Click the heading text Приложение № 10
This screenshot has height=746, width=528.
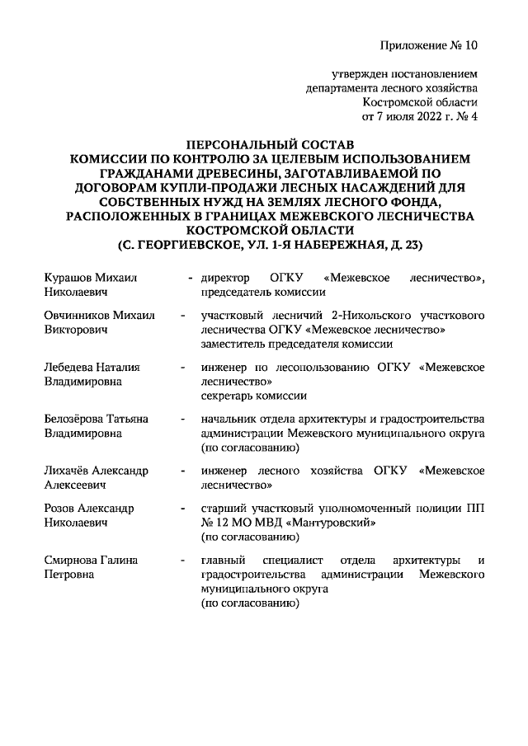[429, 45]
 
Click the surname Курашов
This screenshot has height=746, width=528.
[68, 278]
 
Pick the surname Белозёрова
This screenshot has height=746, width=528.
[75, 419]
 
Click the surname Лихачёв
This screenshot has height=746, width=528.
[68, 471]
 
